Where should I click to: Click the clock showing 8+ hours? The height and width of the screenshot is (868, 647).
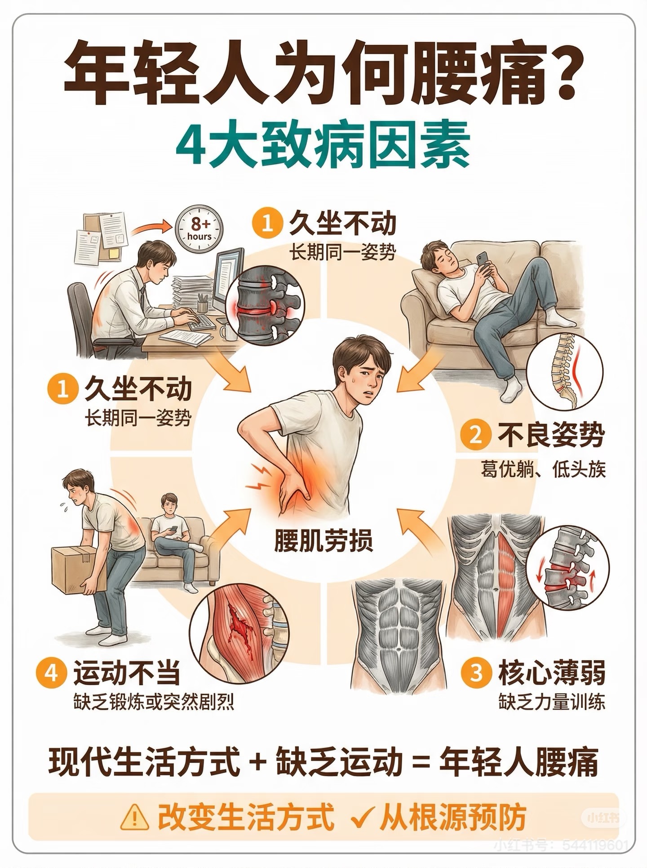pyautogui.click(x=199, y=228)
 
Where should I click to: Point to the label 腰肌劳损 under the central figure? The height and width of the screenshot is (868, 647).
pyautogui.click(x=323, y=540)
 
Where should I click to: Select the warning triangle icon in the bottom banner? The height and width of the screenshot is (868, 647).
pyautogui.click(x=135, y=817)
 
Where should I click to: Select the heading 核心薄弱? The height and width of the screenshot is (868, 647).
pyautogui.click(x=551, y=672)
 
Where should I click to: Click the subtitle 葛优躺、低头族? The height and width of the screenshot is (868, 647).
pyautogui.click(x=543, y=469)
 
